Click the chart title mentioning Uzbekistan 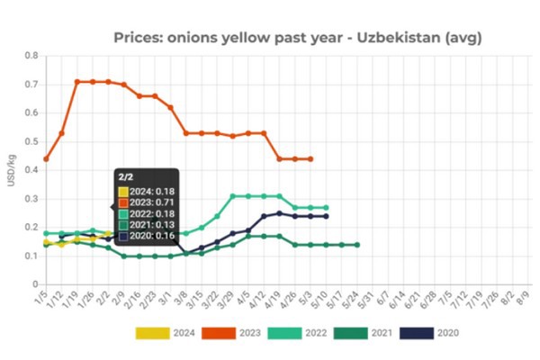[297, 38]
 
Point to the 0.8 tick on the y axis [31, 56]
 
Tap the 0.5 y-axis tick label [31, 141]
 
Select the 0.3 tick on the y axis [31, 198]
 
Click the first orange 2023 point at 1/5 [46, 158]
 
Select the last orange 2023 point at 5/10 [310, 158]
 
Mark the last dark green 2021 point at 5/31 [357, 245]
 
